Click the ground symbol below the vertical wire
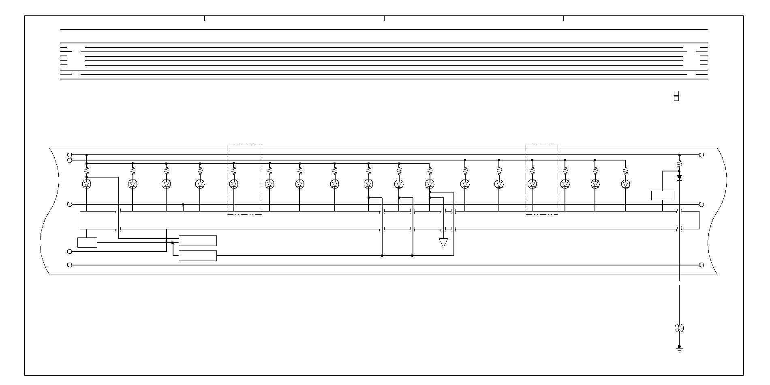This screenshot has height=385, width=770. [x=680, y=349]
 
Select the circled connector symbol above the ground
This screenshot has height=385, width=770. [x=680, y=328]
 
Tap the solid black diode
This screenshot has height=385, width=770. [x=680, y=178]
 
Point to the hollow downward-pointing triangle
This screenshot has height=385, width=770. [x=443, y=242]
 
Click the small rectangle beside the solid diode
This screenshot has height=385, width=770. [x=663, y=195]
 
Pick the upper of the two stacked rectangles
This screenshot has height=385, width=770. [x=198, y=241]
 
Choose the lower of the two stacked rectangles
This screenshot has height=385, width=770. [x=198, y=256]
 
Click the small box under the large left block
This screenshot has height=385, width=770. [x=87, y=242]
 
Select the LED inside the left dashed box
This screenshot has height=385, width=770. [x=234, y=184]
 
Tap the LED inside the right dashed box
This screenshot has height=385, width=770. [x=532, y=184]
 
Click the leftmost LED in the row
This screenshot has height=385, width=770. [x=86, y=184]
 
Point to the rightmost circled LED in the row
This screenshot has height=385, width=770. [x=625, y=184]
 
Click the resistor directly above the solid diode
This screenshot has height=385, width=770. [x=680, y=164]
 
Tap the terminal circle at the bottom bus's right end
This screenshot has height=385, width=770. [x=702, y=265]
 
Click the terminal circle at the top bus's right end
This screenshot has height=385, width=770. [x=702, y=155]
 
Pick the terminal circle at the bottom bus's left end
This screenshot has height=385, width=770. [x=69, y=265]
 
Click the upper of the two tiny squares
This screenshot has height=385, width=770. [x=676, y=93]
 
